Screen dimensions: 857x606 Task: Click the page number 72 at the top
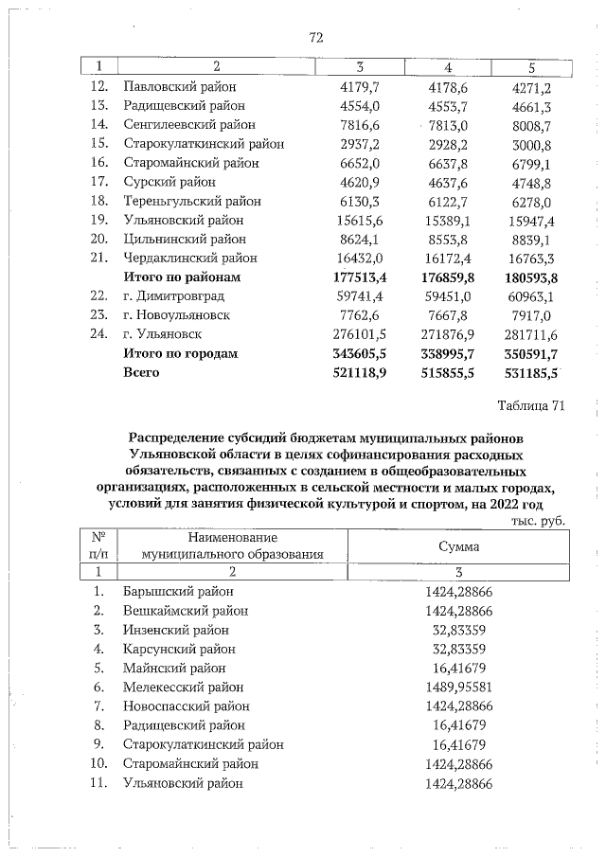(x=316, y=38)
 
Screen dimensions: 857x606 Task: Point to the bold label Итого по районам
(x=183, y=277)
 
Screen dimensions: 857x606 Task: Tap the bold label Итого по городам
(x=181, y=353)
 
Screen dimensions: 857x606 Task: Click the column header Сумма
(x=459, y=546)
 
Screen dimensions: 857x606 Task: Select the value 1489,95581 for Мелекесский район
(x=459, y=687)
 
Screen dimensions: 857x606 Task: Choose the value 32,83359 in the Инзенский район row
(x=459, y=630)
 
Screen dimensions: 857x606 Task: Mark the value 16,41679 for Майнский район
(x=459, y=668)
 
